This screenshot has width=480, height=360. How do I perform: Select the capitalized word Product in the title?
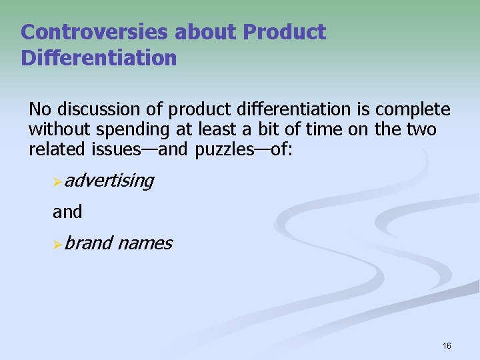pyautogui.click(x=285, y=32)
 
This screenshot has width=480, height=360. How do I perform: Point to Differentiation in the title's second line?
pyautogui.click(x=99, y=58)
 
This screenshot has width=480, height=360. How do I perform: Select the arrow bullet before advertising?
pyautogui.click(x=58, y=181)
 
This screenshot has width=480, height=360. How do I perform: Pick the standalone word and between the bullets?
pyautogui.click(x=67, y=212)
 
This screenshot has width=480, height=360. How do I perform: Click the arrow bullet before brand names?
pyautogui.click(x=58, y=245)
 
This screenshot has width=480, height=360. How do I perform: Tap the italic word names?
pyautogui.click(x=145, y=243)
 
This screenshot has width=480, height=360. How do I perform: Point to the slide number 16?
pyautogui.click(x=446, y=345)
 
